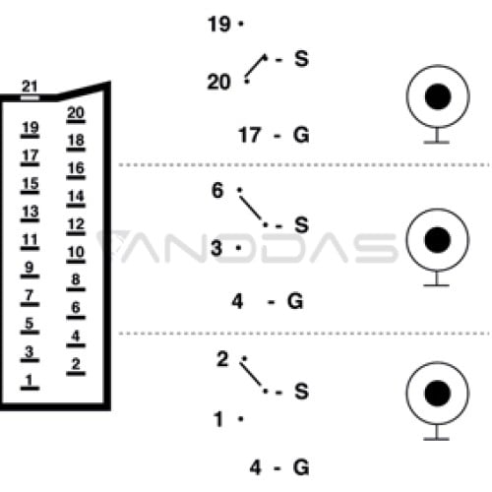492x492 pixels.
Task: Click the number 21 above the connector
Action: point(30,87)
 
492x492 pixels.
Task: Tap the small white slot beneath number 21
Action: point(30,97)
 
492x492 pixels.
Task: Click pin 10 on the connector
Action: point(76,253)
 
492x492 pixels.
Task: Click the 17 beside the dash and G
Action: point(250,135)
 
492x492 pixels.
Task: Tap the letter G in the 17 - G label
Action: point(301,135)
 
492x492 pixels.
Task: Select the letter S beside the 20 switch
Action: point(302,59)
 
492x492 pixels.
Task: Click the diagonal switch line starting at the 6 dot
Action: point(250,208)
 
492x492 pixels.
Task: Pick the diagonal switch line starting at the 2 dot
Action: point(251,374)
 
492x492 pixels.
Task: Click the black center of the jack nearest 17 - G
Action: point(438,96)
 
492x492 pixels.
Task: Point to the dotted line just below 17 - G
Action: point(304,164)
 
